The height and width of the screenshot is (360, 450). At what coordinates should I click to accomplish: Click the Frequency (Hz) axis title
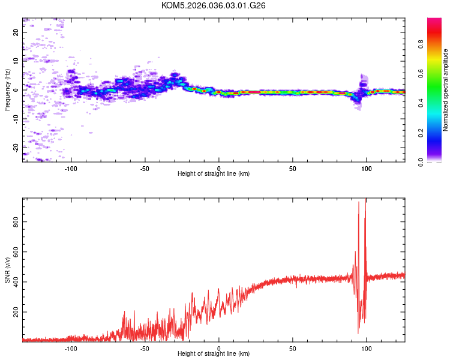click(7, 90)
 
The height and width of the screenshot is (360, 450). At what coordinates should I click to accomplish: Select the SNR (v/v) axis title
click(7, 270)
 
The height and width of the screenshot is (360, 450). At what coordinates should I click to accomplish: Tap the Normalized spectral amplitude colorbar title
click(446, 90)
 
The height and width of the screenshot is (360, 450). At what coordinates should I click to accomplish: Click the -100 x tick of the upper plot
click(71, 167)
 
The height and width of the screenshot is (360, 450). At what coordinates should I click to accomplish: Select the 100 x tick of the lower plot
click(366, 348)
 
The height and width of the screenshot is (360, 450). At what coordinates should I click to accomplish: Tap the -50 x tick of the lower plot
click(145, 348)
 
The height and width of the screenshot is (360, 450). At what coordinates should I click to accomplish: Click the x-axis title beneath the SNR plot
click(214, 355)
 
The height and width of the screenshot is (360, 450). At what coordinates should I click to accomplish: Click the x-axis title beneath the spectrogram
click(214, 174)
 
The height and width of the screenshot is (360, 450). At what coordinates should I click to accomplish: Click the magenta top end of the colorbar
click(434, 21)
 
